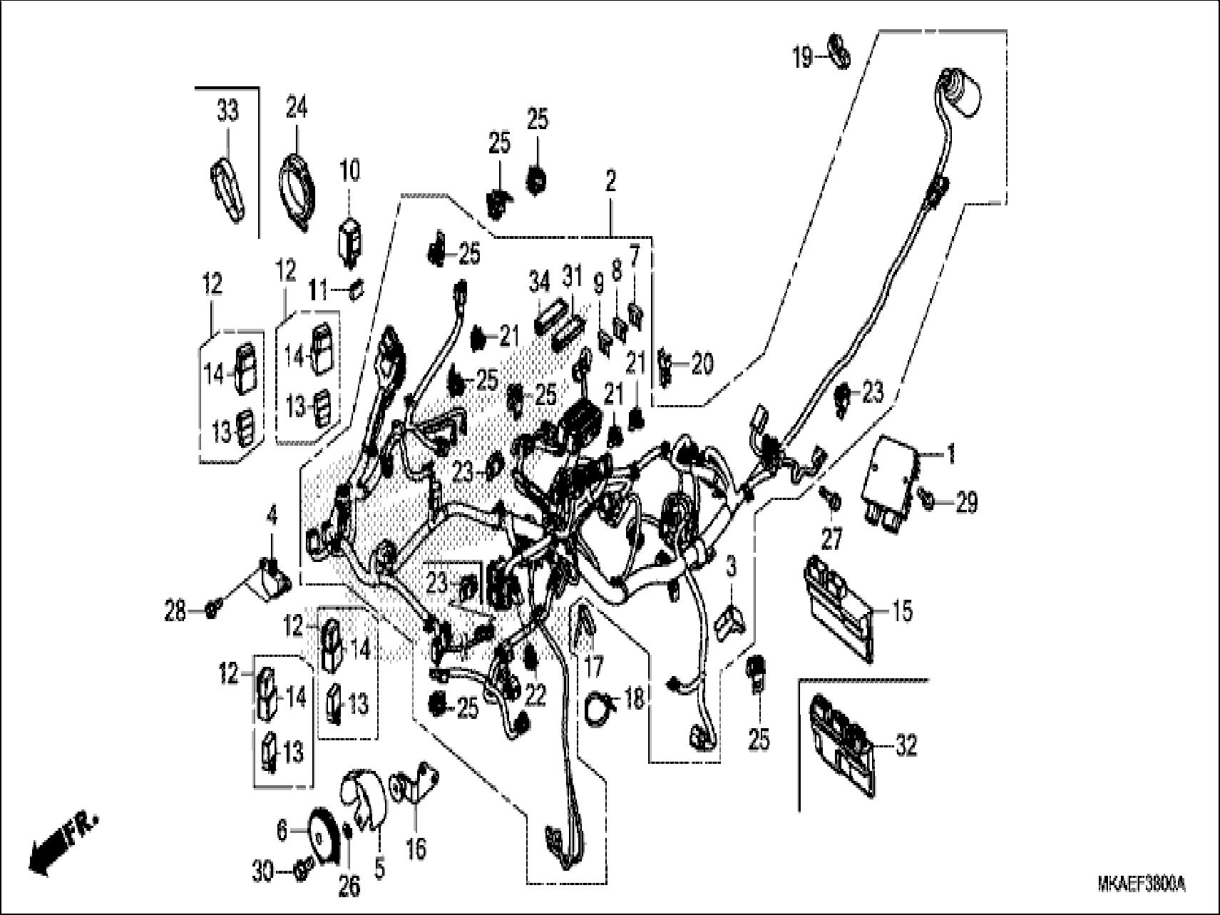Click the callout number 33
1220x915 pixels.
227,112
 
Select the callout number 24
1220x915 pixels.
297,108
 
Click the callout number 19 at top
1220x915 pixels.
803,56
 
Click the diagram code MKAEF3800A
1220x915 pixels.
1140,885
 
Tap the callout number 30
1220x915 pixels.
262,871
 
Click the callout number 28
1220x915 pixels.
176,610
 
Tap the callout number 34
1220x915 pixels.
540,283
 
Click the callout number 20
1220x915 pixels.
702,365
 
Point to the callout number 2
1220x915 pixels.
610,181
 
